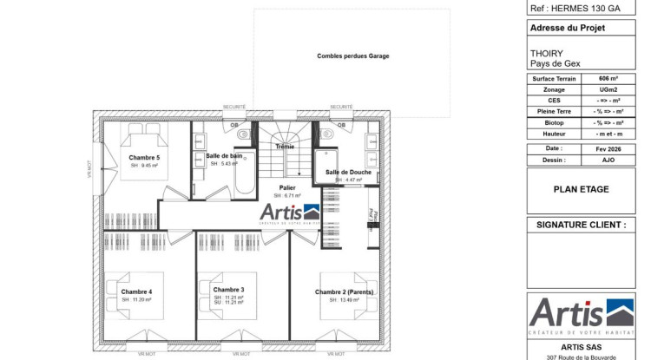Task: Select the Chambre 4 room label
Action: pyautogui.click(x=136, y=291)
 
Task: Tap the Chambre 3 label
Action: pyautogui.click(x=228, y=290)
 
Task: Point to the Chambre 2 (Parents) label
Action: pyautogui.click(x=345, y=292)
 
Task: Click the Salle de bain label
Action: pyautogui.click(x=224, y=155)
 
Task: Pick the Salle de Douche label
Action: pyautogui.click(x=349, y=173)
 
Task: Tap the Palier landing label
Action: pyautogui.click(x=287, y=187)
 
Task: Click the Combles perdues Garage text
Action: pyautogui.click(x=352, y=56)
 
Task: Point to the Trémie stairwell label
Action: pyautogui.click(x=285, y=147)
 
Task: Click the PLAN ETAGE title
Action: pyautogui.click(x=581, y=189)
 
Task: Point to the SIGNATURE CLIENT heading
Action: pyautogui.click(x=581, y=225)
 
